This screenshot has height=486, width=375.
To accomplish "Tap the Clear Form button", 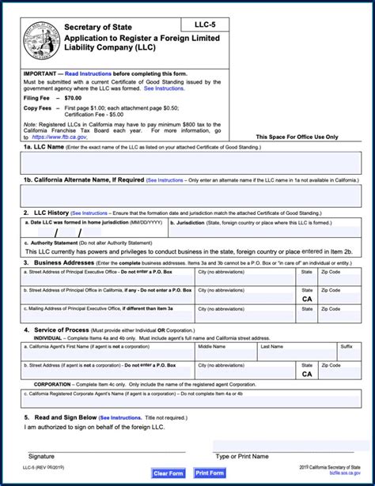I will point(169,473).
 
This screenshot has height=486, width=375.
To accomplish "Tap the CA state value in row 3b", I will point(307,300).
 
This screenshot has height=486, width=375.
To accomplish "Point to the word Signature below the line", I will point(41,456).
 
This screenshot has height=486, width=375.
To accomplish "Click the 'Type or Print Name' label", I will point(242,456).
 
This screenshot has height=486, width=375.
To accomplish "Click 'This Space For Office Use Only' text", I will point(298,137).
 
